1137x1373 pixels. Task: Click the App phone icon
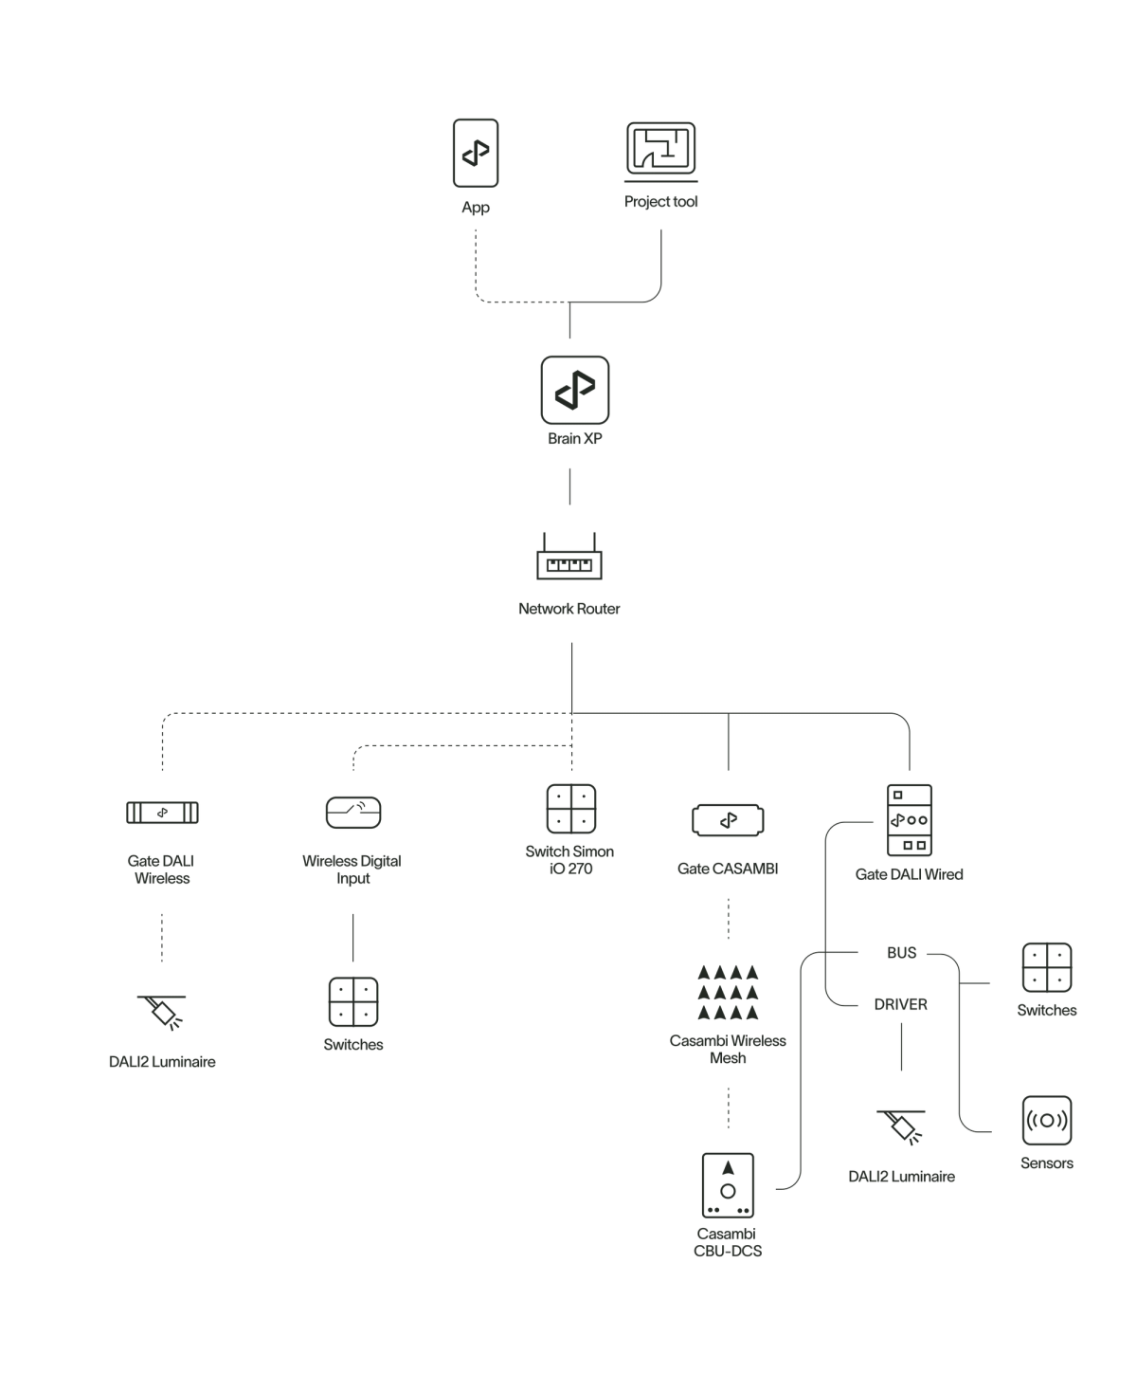click(475, 152)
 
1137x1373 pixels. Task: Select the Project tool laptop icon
click(661, 152)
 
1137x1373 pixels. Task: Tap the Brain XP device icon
click(574, 390)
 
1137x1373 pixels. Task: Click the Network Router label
click(569, 609)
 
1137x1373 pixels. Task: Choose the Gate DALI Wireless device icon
click(161, 813)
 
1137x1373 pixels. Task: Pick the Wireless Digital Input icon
click(353, 813)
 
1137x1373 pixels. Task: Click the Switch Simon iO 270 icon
click(571, 808)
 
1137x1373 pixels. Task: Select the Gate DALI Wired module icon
click(909, 820)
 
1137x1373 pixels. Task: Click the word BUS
click(901, 953)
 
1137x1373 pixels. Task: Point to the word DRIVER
click(901, 1004)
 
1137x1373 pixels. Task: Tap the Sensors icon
click(1046, 1121)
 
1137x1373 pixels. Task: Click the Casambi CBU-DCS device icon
click(729, 1185)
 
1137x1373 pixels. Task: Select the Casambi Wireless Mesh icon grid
click(728, 993)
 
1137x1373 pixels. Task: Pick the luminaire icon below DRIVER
click(899, 1127)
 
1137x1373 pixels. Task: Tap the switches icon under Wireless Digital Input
click(353, 1001)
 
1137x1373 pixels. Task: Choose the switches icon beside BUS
click(1046, 967)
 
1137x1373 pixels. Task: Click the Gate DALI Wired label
click(909, 874)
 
